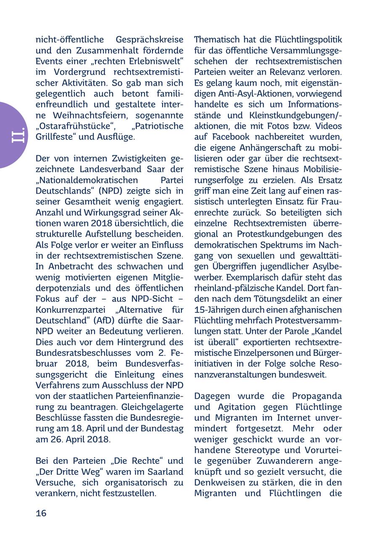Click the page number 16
pos(41,513)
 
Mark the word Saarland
pos(166,472)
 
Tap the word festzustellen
pos(127,494)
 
